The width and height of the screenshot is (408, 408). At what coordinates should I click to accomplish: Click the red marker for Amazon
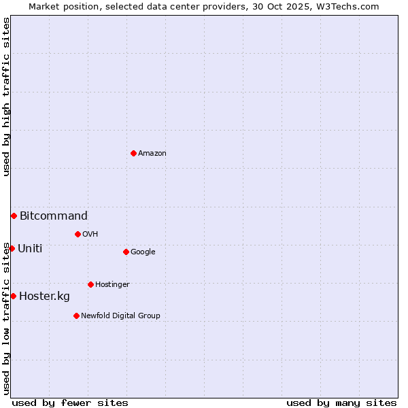[133, 153]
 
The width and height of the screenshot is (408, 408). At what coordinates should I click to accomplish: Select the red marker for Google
[126, 252]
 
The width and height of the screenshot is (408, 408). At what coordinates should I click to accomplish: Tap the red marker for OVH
[78, 234]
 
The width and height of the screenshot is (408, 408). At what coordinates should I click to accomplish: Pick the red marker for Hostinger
[90, 284]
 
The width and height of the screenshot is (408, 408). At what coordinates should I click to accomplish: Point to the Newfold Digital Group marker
[76, 316]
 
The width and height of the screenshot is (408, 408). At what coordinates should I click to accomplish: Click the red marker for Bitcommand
[14, 216]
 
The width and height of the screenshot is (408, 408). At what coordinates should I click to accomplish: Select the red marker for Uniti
[12, 248]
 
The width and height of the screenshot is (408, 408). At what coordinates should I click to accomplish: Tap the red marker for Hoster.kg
[13, 296]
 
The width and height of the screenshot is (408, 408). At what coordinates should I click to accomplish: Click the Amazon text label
[152, 154]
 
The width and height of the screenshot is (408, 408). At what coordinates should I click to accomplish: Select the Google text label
[143, 252]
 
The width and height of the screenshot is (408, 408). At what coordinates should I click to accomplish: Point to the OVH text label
[90, 235]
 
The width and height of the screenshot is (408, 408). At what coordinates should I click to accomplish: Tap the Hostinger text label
[112, 285]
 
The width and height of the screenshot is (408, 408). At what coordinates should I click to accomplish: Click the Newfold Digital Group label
[120, 316]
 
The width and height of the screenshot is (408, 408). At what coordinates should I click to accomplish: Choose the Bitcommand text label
[54, 216]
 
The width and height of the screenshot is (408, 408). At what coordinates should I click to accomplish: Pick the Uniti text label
[30, 249]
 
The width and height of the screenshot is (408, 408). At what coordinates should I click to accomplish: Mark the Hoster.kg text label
[44, 296]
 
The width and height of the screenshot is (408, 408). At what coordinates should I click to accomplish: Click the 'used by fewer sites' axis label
[70, 403]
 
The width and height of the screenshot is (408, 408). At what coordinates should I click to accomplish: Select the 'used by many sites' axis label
[341, 403]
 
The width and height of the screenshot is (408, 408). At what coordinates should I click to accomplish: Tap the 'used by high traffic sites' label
[6, 97]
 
